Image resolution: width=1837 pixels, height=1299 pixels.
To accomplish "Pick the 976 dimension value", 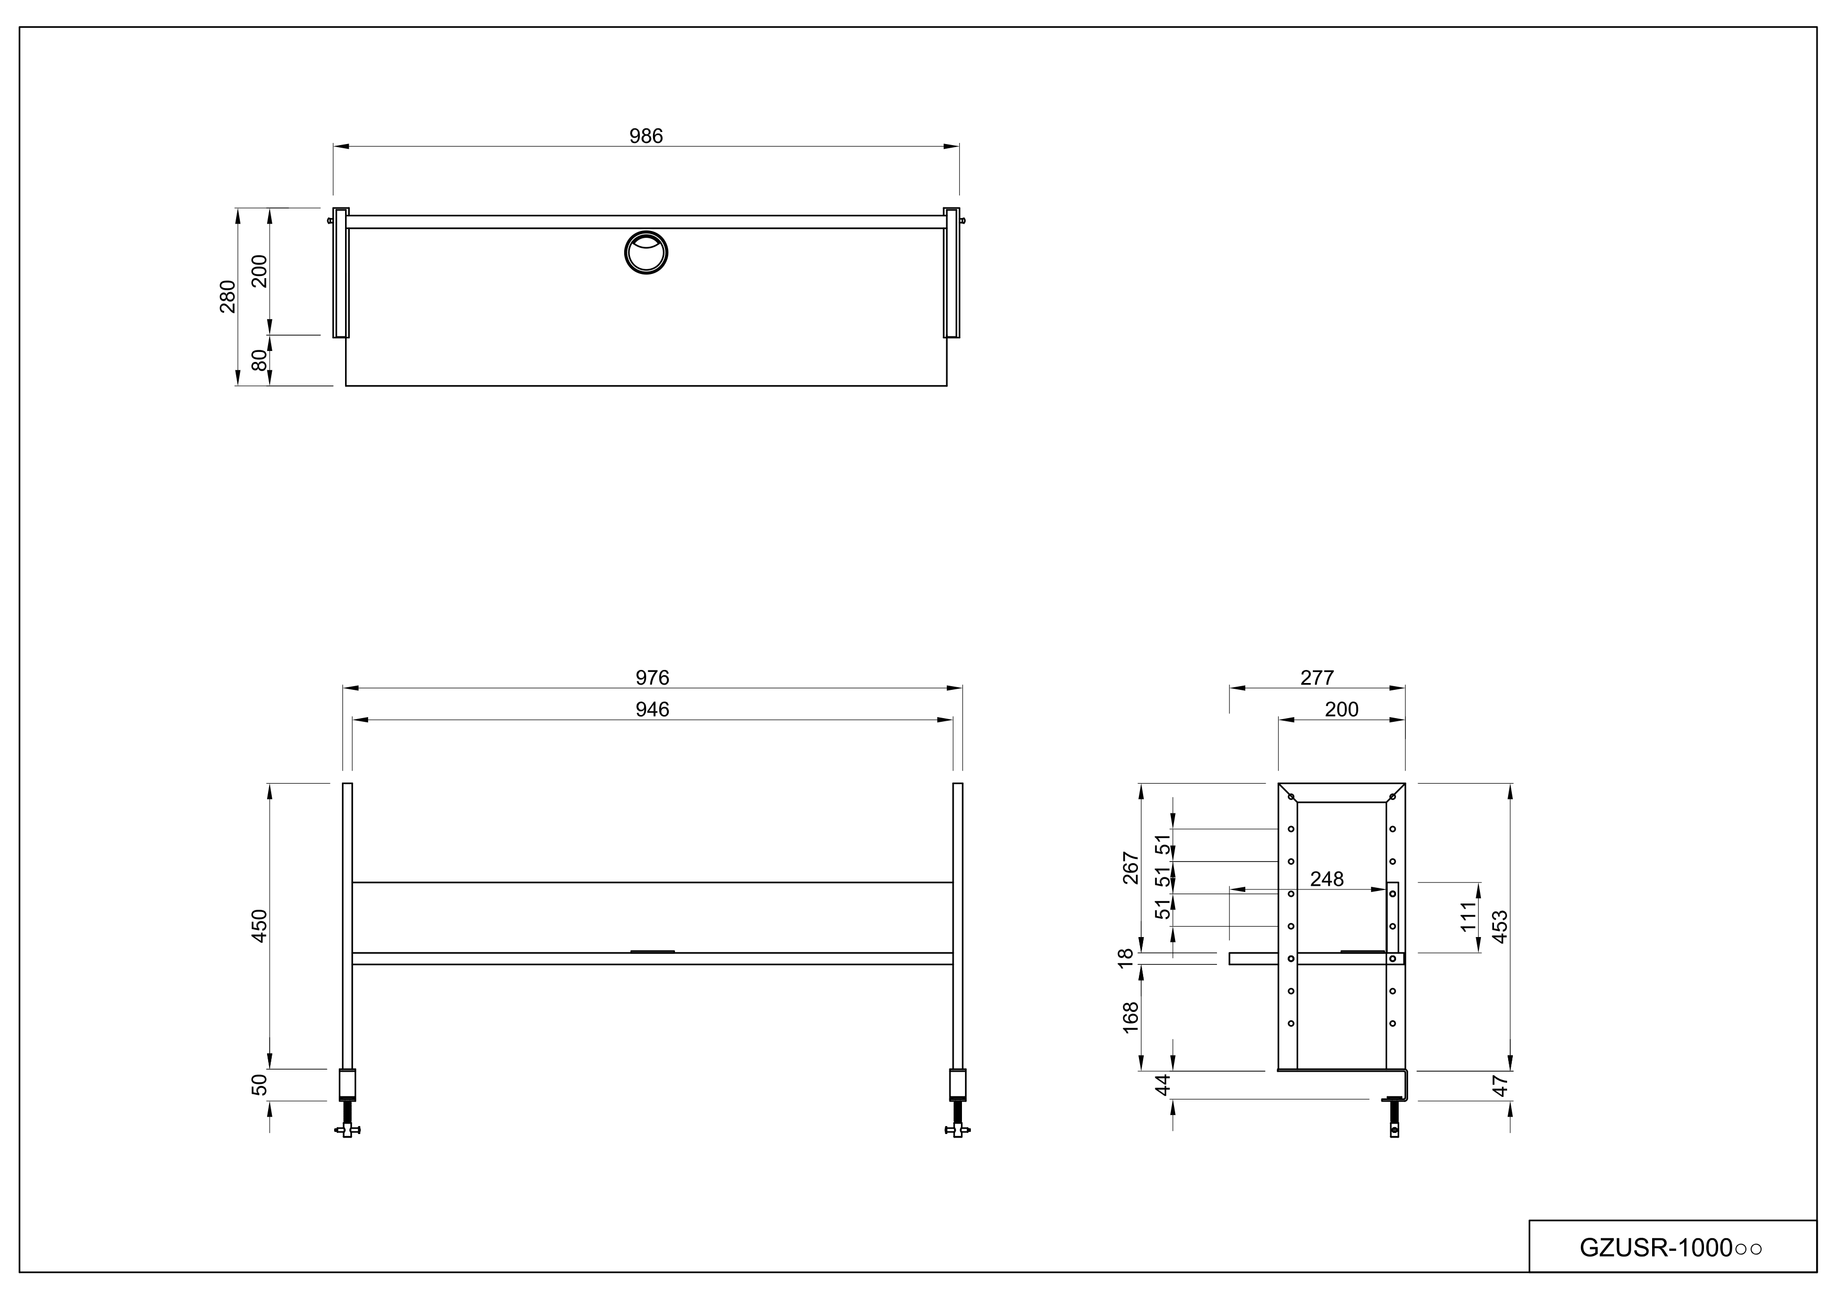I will point(652,678).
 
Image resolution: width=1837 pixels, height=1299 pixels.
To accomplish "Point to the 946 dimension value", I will point(652,710).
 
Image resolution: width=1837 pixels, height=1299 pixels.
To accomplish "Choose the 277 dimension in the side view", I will point(1317,678).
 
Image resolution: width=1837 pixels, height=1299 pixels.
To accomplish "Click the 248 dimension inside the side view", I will point(1326,879).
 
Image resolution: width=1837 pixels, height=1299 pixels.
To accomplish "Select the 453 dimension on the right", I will point(1500,926).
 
